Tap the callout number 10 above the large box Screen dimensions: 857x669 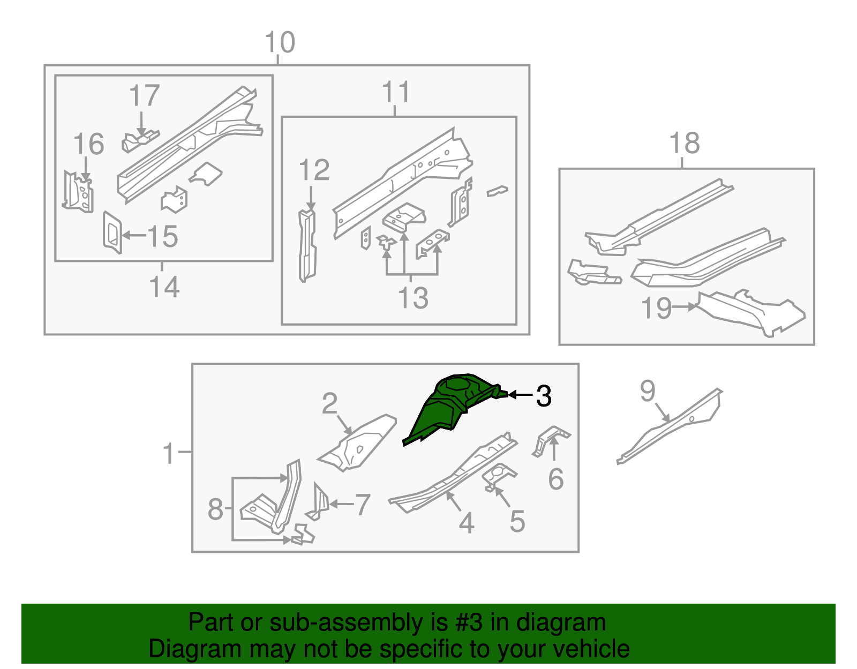[280, 42]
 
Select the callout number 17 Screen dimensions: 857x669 [144, 95]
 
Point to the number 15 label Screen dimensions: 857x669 [162, 236]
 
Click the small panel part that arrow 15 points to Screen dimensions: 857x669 [112, 232]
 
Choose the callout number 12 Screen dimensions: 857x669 [314, 170]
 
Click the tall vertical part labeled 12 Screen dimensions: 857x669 [307, 246]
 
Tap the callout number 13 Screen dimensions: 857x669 [413, 298]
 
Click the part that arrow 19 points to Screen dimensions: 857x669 [749, 312]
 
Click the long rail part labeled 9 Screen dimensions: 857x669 [670, 426]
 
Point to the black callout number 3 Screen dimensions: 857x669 [544, 395]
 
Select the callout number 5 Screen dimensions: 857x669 [517, 521]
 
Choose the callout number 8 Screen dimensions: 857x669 [215, 509]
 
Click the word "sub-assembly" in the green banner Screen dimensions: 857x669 [358, 622]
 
